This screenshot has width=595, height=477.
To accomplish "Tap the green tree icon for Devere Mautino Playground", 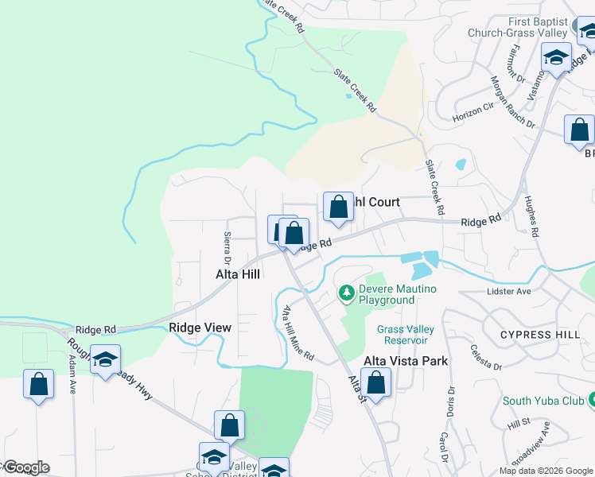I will click(x=346, y=293).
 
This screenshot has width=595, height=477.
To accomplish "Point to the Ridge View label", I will click(x=200, y=328).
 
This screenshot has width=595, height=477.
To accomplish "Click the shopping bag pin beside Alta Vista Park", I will click(x=376, y=383).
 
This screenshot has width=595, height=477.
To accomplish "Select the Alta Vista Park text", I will click(x=406, y=361).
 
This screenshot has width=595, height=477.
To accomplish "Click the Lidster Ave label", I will click(x=508, y=292).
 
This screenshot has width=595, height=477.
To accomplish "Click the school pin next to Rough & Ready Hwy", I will click(x=105, y=361).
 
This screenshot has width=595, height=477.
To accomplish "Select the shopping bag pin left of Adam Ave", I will click(x=38, y=385).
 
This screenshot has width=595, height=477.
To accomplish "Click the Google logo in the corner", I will click(x=25, y=467).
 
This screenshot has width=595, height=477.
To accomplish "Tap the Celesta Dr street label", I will click(x=485, y=356).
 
